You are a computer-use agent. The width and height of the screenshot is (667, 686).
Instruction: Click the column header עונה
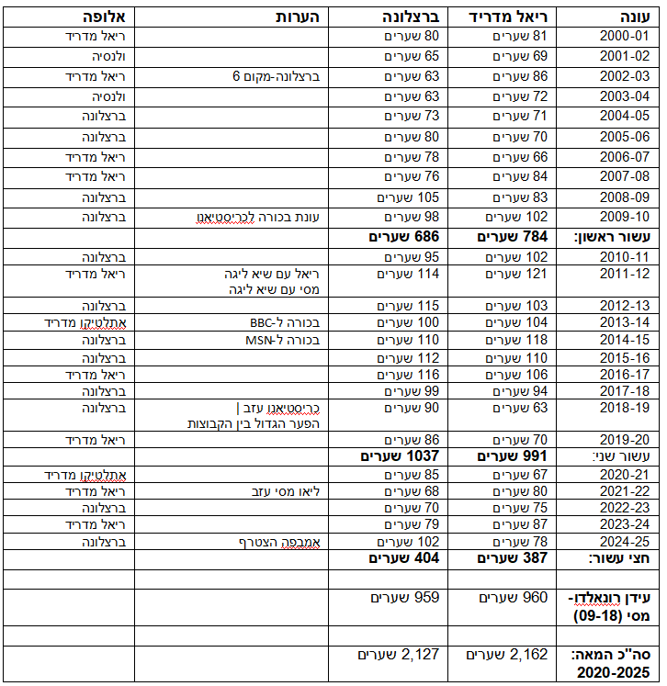(x=630, y=17)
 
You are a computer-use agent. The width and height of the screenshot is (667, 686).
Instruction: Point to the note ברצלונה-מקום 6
(x=275, y=76)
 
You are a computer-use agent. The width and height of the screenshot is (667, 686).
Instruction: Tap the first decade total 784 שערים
(x=513, y=238)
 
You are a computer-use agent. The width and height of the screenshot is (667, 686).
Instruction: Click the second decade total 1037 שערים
(x=400, y=455)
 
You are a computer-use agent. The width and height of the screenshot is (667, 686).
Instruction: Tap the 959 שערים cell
(x=405, y=597)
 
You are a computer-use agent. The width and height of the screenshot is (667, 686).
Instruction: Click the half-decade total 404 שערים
(x=404, y=557)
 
